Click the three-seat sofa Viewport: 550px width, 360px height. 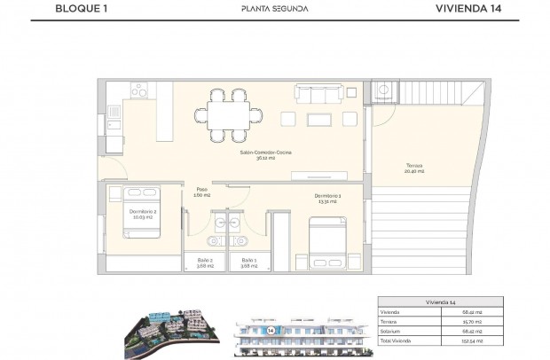pos(314,95)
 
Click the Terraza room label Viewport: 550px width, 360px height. pos(414,169)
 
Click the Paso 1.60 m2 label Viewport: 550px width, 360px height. pos(202,192)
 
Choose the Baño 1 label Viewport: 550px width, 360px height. pos(249,262)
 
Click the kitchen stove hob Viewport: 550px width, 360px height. pos(140,90)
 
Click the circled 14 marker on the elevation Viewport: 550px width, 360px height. pos(269,330)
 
